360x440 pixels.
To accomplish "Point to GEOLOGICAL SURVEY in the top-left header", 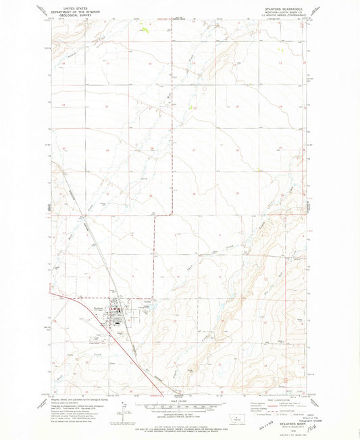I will [72, 12].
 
